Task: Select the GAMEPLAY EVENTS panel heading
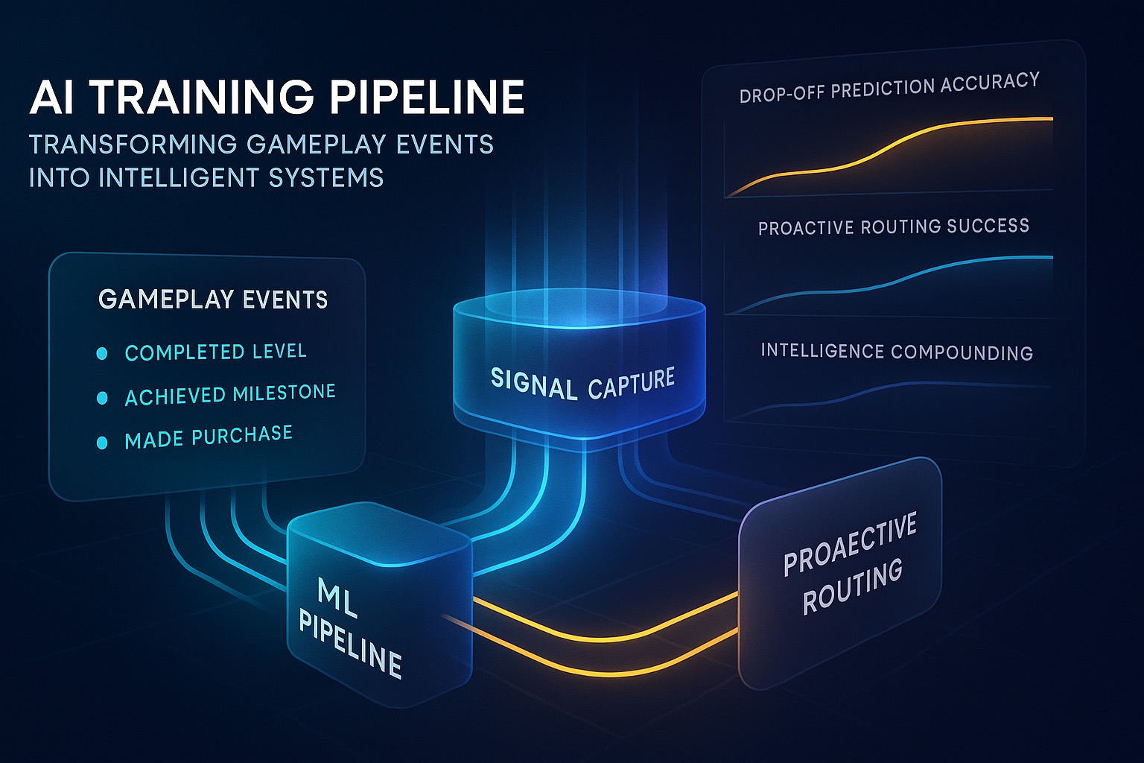pyautogui.click(x=213, y=300)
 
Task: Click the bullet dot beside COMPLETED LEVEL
pyautogui.click(x=102, y=354)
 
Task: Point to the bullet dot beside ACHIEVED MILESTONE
pyautogui.click(x=102, y=399)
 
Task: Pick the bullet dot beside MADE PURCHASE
pyautogui.click(x=102, y=443)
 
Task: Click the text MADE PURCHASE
pyautogui.click(x=209, y=437)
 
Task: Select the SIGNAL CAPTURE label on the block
pyautogui.click(x=582, y=384)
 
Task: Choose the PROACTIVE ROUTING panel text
pyautogui.click(x=849, y=565)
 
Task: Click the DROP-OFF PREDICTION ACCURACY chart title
pyautogui.click(x=889, y=88)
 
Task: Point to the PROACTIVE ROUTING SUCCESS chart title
pyautogui.click(x=894, y=227)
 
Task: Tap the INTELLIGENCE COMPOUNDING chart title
pyautogui.click(x=897, y=352)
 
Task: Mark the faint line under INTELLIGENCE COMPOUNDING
pyautogui.click(x=894, y=387)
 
